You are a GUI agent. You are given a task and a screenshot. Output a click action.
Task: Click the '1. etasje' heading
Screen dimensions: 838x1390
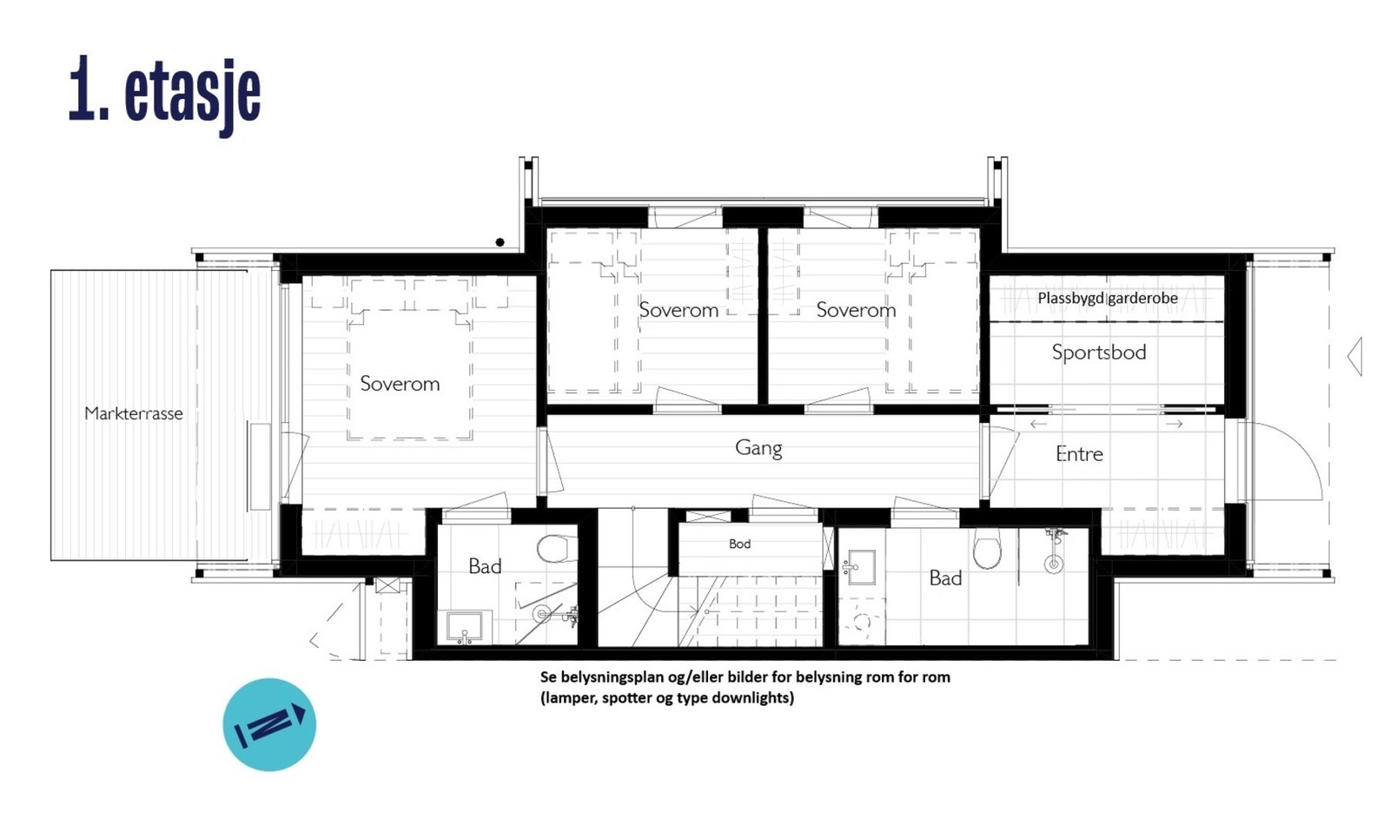164,92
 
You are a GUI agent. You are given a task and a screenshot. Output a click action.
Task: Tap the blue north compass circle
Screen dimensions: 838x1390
269,724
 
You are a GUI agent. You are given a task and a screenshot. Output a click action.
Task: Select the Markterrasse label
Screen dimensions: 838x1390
134,413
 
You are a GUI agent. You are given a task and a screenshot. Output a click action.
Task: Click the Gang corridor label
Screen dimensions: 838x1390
758,448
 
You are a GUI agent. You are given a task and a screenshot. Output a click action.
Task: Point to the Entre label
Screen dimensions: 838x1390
1079,454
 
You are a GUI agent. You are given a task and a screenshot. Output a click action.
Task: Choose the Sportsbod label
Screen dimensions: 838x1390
1099,353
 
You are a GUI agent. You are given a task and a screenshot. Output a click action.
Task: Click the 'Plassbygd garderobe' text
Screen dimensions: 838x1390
1108,298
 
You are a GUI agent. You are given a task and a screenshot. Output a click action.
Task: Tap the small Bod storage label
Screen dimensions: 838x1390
739,544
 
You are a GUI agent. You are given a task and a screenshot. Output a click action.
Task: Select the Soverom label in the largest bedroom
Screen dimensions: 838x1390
400,384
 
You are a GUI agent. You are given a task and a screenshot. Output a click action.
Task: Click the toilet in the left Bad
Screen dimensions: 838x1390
553,549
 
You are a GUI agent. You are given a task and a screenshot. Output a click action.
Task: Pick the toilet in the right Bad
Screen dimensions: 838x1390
987,551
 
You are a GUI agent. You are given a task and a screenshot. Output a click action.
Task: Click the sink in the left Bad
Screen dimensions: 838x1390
465,626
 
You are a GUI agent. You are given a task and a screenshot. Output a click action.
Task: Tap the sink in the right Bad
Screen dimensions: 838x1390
861,566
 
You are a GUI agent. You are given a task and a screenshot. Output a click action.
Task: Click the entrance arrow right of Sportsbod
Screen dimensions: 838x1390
1354,356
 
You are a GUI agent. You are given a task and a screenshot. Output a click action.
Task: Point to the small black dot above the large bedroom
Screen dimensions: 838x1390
500,242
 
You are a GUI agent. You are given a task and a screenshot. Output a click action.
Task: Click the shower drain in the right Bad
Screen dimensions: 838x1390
1054,564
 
